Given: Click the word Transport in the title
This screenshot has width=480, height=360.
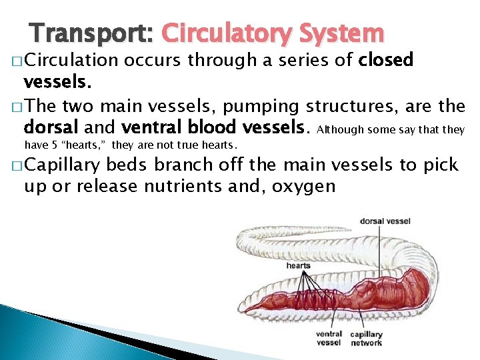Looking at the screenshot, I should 90,33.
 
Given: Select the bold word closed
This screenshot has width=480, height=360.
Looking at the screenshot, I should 386,61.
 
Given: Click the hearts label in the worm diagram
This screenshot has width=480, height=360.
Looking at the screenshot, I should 298,265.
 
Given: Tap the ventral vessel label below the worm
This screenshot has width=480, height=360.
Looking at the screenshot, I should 329,339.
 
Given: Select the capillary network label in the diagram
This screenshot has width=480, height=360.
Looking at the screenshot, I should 367,339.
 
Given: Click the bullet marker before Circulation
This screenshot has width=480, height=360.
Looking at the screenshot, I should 17,61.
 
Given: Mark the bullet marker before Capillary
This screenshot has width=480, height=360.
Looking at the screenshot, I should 17,166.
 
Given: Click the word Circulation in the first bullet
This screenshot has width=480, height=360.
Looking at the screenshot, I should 70,61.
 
